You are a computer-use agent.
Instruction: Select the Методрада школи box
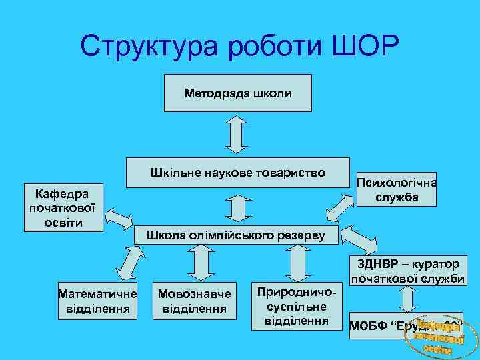[238, 93]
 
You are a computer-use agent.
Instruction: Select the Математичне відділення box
[97, 301]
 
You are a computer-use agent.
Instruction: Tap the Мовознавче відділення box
[194, 301]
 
